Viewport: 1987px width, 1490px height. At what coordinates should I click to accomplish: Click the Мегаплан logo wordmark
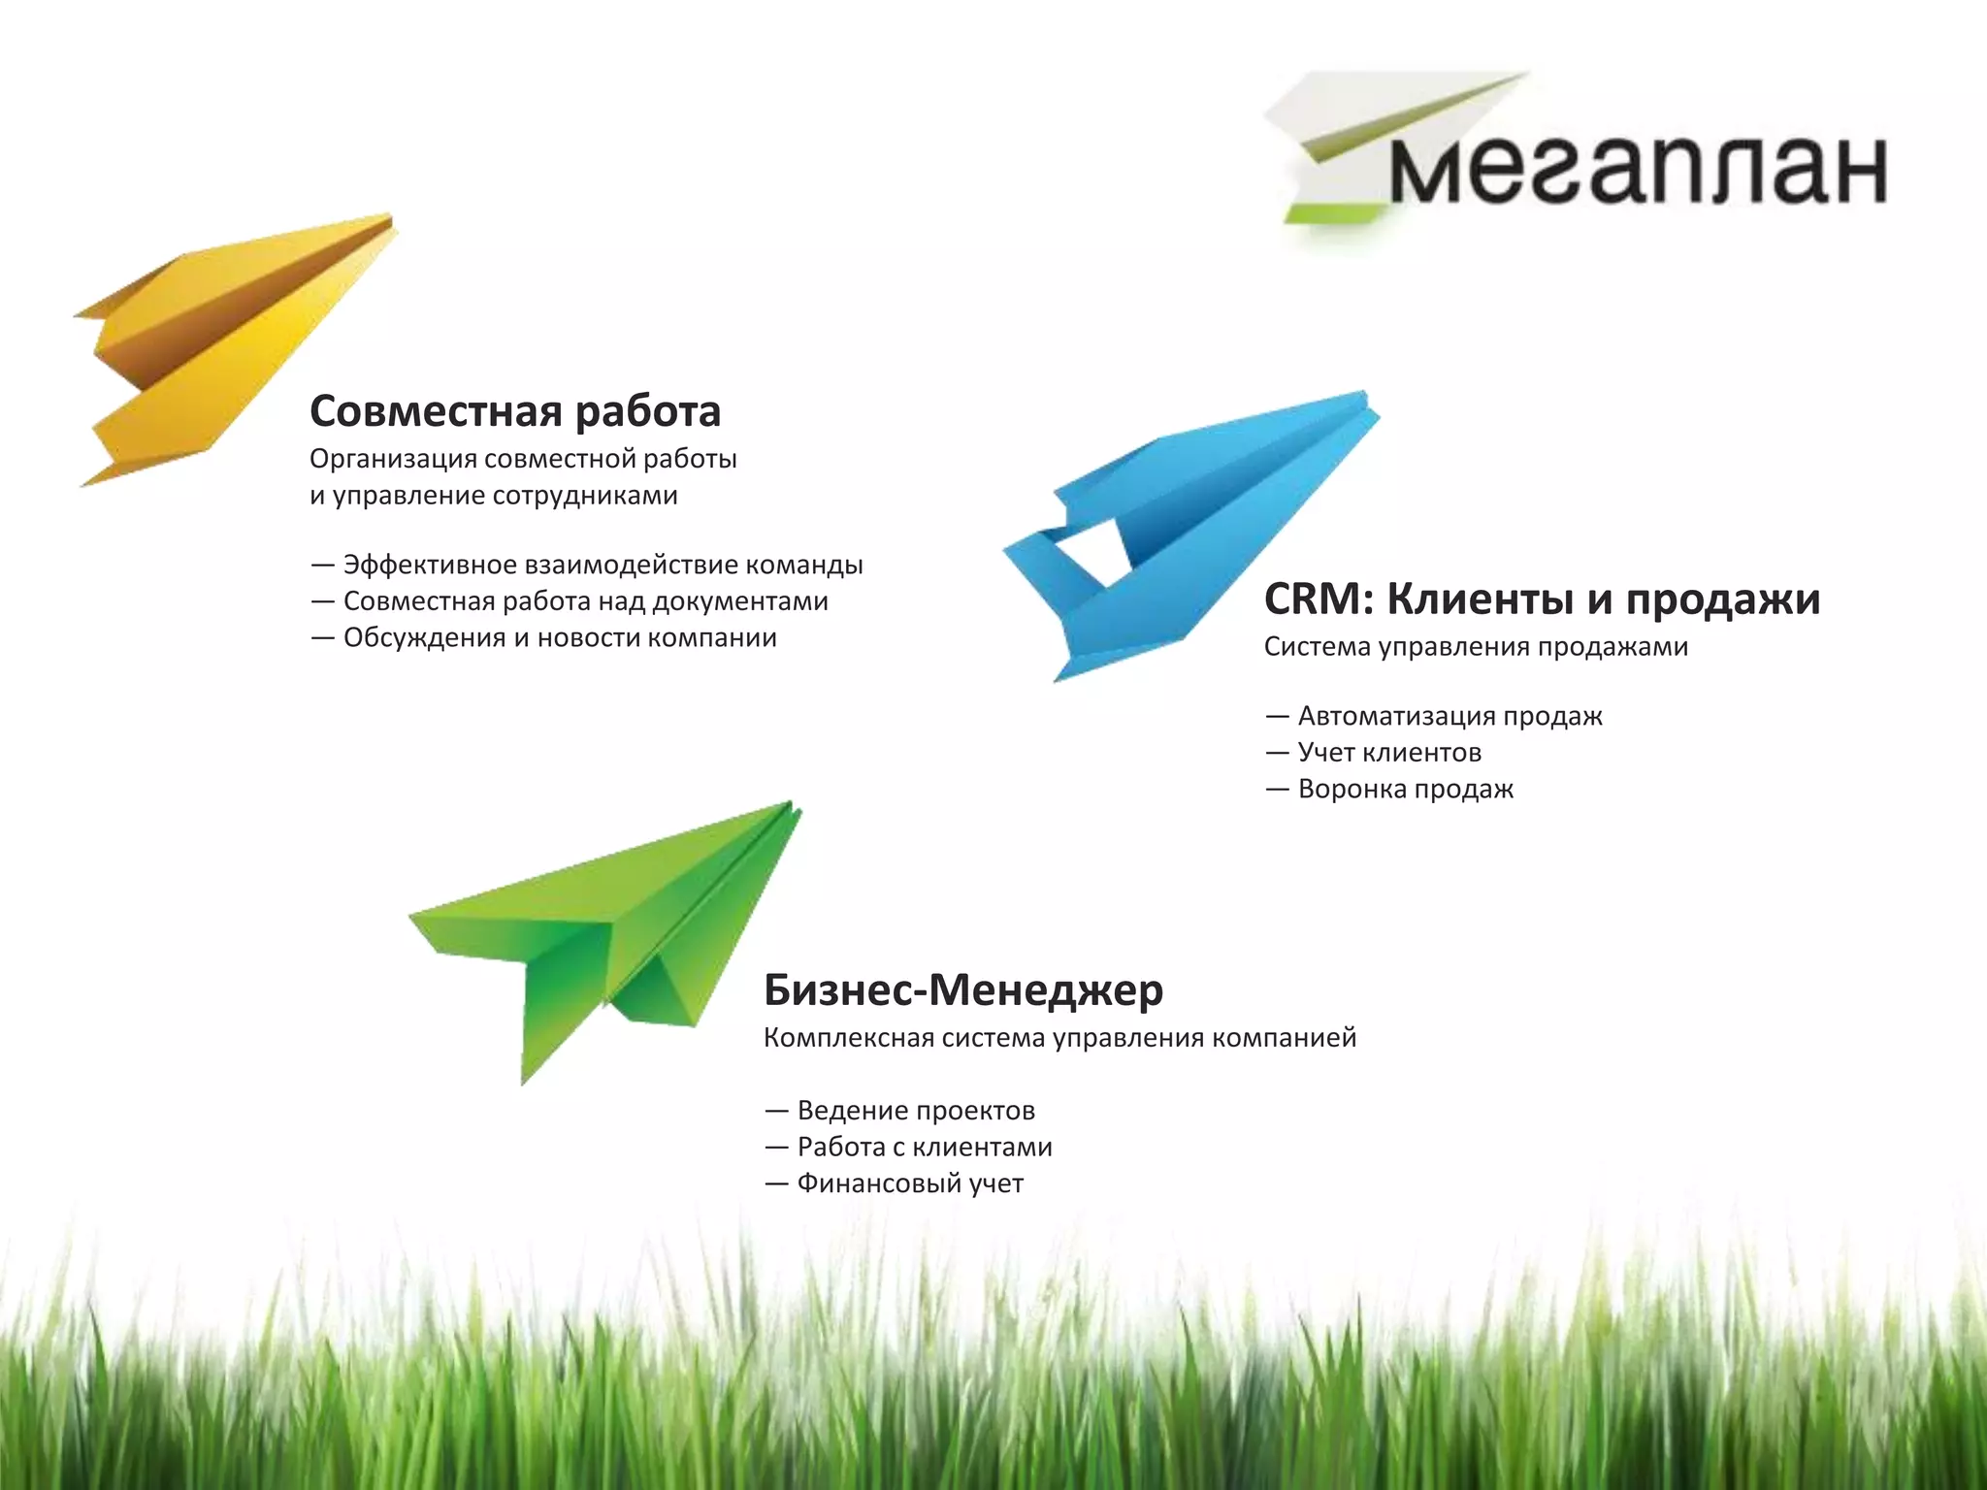1638,171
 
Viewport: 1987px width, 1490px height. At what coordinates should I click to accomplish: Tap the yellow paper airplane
233,340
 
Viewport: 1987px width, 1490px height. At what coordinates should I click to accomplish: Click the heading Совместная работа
515,411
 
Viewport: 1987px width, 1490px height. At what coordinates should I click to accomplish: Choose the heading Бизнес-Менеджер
963,989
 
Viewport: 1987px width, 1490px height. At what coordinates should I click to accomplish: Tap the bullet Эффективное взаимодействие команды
602,565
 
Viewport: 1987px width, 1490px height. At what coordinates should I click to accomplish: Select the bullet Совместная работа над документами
585,601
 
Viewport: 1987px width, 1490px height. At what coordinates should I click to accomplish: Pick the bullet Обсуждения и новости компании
560,638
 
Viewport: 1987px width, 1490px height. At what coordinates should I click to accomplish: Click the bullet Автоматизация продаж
1450,716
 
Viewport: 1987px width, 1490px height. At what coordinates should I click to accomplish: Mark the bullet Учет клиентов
1389,753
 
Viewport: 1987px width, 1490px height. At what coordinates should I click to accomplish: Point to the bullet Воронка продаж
1405,790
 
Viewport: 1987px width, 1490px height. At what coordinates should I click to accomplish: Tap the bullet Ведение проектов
916,1111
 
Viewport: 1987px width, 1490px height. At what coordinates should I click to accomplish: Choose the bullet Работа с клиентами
924,1148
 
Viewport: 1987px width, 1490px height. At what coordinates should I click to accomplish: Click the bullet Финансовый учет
910,1184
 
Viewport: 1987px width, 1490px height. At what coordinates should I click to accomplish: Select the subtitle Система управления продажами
1476,647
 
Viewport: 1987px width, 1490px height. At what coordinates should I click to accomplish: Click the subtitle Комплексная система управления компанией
1059,1038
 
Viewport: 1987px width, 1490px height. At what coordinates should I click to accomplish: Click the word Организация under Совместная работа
392,459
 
